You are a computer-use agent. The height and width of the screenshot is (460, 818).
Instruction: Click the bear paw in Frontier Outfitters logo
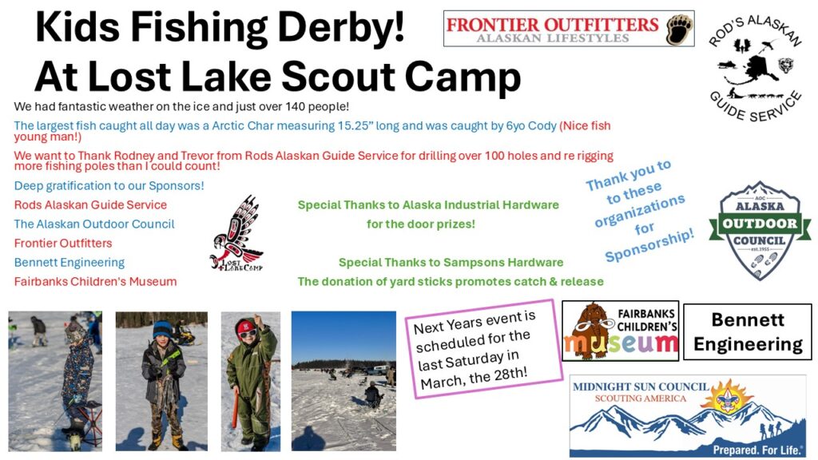pyautogui.click(x=679, y=30)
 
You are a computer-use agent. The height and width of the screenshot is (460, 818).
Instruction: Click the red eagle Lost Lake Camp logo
pyautogui.click(x=236, y=232)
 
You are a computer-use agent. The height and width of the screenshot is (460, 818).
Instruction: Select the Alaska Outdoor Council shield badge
pyautogui.click(x=760, y=230)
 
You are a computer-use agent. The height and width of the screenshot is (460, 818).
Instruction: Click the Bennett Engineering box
pyautogui.click(x=748, y=331)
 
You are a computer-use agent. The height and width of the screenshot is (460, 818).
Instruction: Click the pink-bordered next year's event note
pyautogui.click(x=484, y=348)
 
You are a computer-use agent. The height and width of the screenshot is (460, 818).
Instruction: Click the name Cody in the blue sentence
pyautogui.click(x=542, y=126)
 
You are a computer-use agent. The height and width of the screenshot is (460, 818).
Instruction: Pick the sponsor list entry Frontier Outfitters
pyautogui.click(x=63, y=243)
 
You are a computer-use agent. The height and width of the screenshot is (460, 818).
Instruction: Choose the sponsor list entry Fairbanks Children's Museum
pyautogui.click(x=96, y=282)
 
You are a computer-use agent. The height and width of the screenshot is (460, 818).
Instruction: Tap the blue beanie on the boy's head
pyautogui.click(x=162, y=330)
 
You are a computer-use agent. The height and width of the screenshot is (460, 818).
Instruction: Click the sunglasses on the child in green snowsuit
pyautogui.click(x=248, y=333)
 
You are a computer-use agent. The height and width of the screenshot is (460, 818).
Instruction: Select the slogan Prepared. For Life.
pyautogui.click(x=757, y=450)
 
